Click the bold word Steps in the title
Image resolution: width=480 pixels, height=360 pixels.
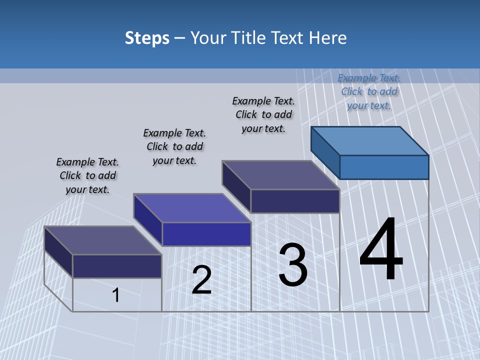click(x=147, y=38)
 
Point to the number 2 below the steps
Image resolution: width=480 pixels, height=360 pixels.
click(x=201, y=280)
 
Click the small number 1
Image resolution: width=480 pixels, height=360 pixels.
click(x=116, y=295)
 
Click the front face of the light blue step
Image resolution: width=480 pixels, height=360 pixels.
click(x=384, y=167)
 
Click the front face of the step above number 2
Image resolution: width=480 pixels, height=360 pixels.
click(x=206, y=234)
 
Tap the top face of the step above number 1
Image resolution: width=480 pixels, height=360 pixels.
click(x=103, y=240)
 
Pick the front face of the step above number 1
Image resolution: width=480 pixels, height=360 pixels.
click(x=117, y=266)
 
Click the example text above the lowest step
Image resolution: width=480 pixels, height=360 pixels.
click(x=87, y=175)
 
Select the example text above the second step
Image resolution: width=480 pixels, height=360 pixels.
click(x=174, y=146)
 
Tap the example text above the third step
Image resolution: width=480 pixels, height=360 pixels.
click(x=263, y=114)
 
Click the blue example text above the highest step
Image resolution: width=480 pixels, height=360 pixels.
click(x=369, y=91)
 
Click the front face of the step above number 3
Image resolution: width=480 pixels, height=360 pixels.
click(x=295, y=201)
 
